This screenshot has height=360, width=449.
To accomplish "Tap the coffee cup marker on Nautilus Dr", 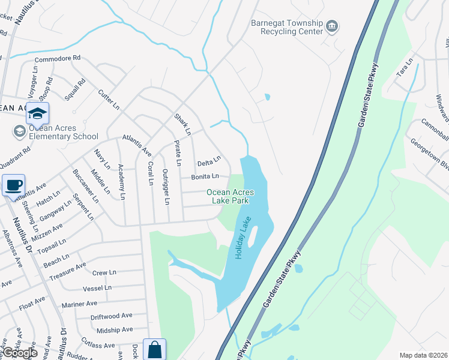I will [x=13, y=186].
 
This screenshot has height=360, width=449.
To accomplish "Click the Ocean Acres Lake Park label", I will [x=231, y=196].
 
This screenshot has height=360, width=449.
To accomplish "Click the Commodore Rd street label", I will [x=57, y=58].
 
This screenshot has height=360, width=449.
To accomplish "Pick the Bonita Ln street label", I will [x=205, y=176].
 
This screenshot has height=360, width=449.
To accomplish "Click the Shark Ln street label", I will [x=182, y=124].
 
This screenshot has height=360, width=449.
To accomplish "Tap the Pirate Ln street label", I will [x=178, y=153].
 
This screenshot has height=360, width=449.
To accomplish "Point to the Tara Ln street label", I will [x=406, y=68].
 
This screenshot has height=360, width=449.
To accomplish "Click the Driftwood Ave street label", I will [x=111, y=316].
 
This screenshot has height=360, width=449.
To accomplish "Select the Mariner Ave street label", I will [x=79, y=304].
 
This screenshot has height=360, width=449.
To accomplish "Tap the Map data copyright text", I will [x=424, y=355].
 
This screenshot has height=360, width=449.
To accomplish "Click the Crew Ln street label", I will [x=104, y=272].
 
